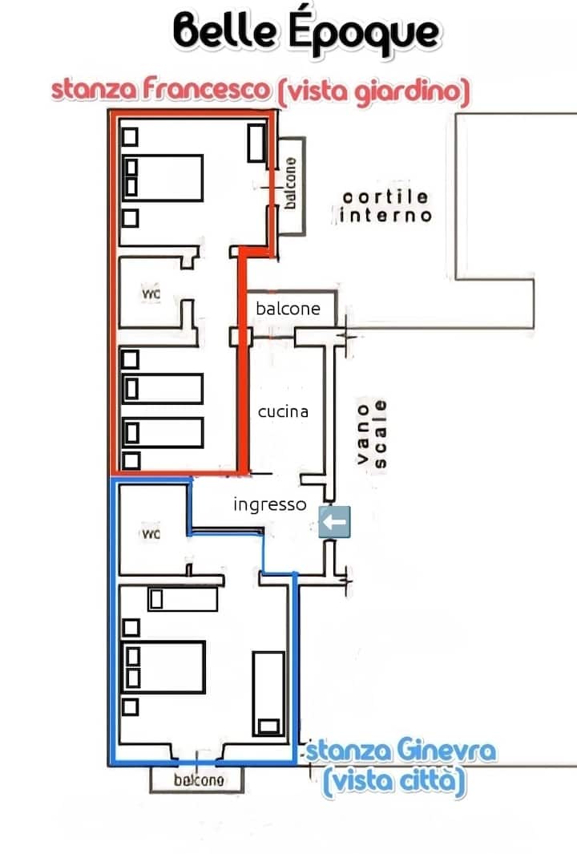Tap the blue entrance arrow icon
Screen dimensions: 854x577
coord(333,522)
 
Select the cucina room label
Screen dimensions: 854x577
coord(283,411)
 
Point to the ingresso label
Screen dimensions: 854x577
coord(269,504)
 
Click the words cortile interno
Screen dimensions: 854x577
coord(385,206)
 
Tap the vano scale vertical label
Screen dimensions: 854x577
coord(373,433)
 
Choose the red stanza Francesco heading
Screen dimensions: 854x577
coord(160,90)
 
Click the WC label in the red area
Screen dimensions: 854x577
coord(151,294)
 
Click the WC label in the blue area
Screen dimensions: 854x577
coord(151,533)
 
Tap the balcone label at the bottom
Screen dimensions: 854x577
coord(198,779)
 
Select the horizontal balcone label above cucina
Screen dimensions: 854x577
coord(288,308)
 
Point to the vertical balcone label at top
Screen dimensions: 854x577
coord(291,182)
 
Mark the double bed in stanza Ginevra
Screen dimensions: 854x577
coord(163,666)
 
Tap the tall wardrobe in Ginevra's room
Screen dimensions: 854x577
coord(268,693)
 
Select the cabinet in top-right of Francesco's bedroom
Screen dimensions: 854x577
coord(257,143)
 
